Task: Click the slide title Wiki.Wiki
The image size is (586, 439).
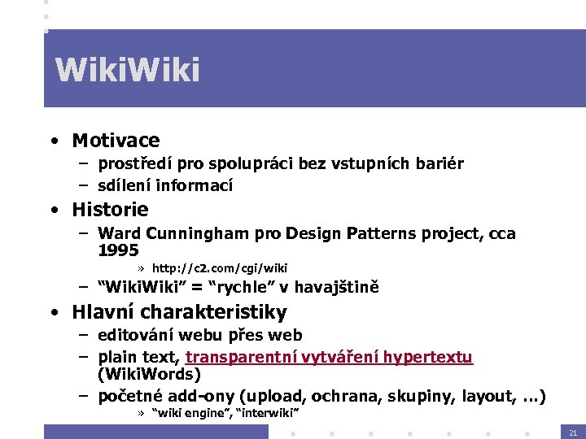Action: pos(127,71)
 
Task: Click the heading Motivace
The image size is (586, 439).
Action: pos(116,141)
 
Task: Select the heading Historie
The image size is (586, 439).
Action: pos(110,209)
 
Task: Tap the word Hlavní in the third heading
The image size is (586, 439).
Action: pos(103,311)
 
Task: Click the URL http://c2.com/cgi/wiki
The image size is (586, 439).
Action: pos(220,267)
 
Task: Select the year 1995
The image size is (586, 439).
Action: pos(118,250)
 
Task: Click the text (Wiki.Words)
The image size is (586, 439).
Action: pos(149,375)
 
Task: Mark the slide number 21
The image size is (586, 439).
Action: pos(573,432)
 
